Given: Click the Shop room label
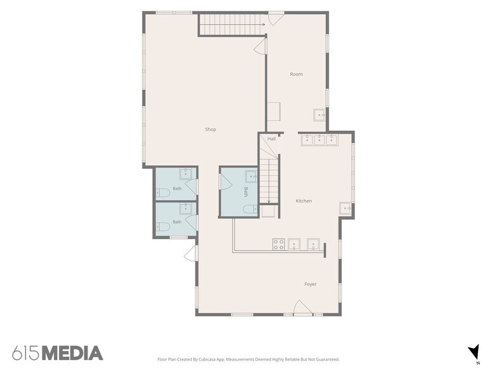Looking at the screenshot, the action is click(210, 129).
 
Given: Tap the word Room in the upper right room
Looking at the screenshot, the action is click(297, 74).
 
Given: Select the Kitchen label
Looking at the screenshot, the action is click(304, 201).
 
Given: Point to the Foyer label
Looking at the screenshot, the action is click(311, 284).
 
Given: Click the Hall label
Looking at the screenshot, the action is click(271, 139).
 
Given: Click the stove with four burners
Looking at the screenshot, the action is click(279, 244).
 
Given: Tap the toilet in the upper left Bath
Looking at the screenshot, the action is click(162, 192).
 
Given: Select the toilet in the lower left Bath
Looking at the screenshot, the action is click(162, 226).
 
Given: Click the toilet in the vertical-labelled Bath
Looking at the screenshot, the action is click(250, 209).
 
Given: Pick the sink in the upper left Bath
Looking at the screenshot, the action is click(185, 173).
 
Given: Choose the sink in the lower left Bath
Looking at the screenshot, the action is click(185, 209).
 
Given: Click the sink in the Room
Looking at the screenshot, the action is click(319, 115).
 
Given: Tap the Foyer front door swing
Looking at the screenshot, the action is click(302, 307).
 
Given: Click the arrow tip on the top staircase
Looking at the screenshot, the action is click(265, 24).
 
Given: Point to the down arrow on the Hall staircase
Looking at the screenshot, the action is click(269, 181).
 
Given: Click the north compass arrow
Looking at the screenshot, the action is click(474, 351).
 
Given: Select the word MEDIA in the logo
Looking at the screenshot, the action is click(72, 353).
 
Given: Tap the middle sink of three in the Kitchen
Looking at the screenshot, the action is click(319, 139).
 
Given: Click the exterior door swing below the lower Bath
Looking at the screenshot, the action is click(190, 252).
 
